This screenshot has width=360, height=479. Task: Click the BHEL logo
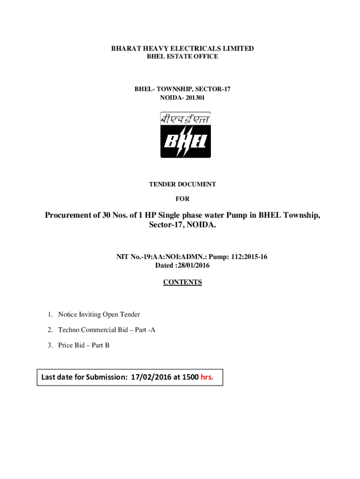pyautogui.click(x=186, y=135)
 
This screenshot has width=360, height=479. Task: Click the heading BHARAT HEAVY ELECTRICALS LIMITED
pyautogui.click(x=182, y=49)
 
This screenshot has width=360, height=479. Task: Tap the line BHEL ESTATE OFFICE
pyautogui.click(x=182, y=57)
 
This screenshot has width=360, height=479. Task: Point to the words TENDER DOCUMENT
pyautogui.click(x=182, y=184)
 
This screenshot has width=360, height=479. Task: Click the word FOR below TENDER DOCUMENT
pyautogui.click(x=182, y=199)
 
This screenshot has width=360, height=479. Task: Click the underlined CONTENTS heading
pyautogui.click(x=182, y=282)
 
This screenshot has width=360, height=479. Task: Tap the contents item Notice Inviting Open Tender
pyautogui.click(x=99, y=314)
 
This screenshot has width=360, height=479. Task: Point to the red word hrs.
pyautogui.click(x=207, y=377)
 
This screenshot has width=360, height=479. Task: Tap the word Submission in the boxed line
pyautogui.click(x=106, y=377)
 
